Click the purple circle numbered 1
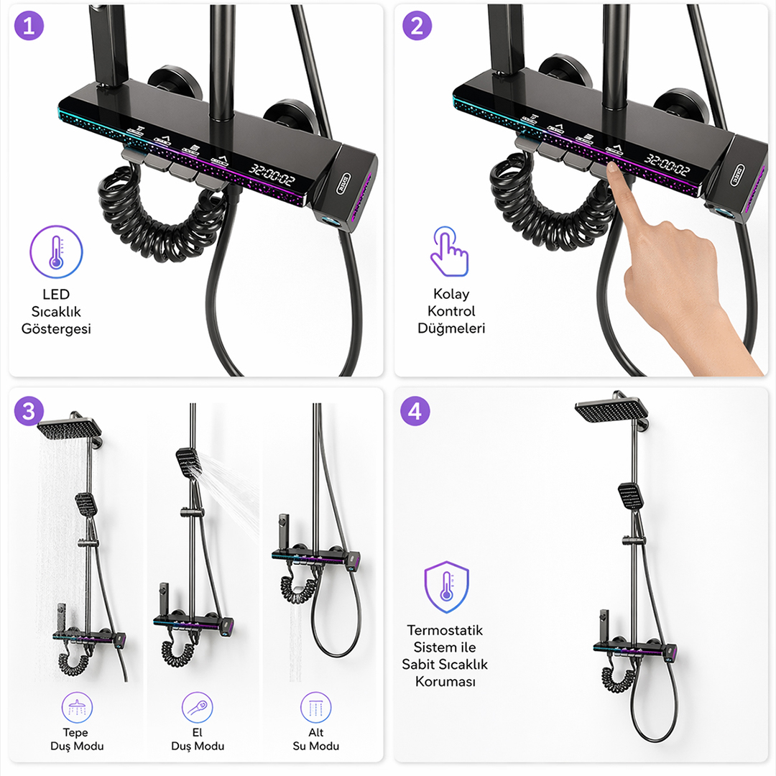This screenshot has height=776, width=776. [x=29, y=25]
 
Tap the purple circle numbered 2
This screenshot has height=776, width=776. [x=417, y=25]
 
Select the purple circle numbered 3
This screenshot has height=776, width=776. [x=29, y=411]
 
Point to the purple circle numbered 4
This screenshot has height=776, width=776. [x=415, y=411]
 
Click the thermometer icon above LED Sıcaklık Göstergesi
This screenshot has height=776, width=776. [x=56, y=252]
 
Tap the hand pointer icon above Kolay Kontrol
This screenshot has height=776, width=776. [x=449, y=251]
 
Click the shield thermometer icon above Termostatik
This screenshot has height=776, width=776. [x=446, y=587]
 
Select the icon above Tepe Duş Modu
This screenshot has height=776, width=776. [x=77, y=707]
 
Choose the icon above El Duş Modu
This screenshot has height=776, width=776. [x=197, y=707]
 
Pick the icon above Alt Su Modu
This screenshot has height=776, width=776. [x=315, y=707]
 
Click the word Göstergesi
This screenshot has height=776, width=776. [x=56, y=329]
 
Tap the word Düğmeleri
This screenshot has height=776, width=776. [x=451, y=328]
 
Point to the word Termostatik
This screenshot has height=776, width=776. [x=445, y=630]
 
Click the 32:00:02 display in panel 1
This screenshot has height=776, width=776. [x=272, y=175]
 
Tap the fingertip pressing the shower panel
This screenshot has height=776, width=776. [x=614, y=168]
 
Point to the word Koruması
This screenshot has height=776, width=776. [x=445, y=681]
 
